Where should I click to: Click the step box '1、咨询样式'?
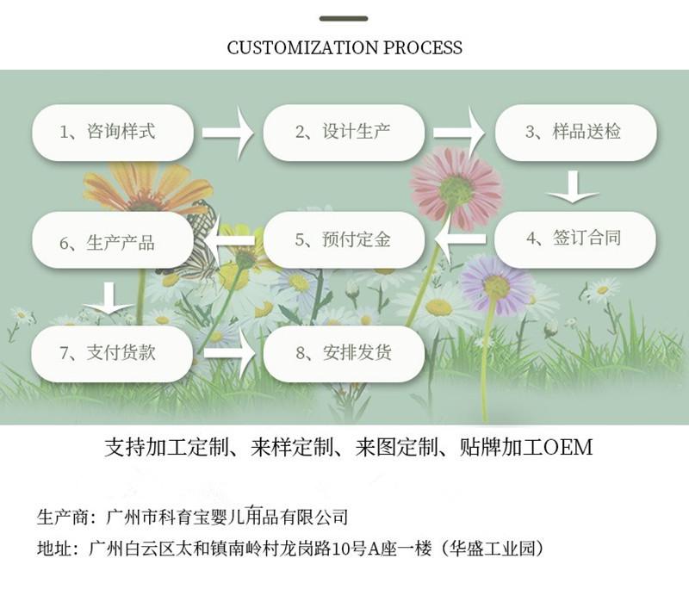[112, 133]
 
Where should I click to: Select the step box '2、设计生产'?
[343, 133]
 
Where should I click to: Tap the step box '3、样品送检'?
[574, 133]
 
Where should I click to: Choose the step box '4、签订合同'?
[574, 239]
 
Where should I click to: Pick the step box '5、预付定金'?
[343, 239]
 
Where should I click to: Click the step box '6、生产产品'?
[112, 240]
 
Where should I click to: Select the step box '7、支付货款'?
[112, 353]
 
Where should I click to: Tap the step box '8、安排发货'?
[343, 353]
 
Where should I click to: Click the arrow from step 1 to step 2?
[228, 133]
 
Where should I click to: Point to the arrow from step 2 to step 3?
[459, 133]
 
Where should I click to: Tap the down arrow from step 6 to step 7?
[109, 297]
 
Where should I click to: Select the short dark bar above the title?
[344, 18]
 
